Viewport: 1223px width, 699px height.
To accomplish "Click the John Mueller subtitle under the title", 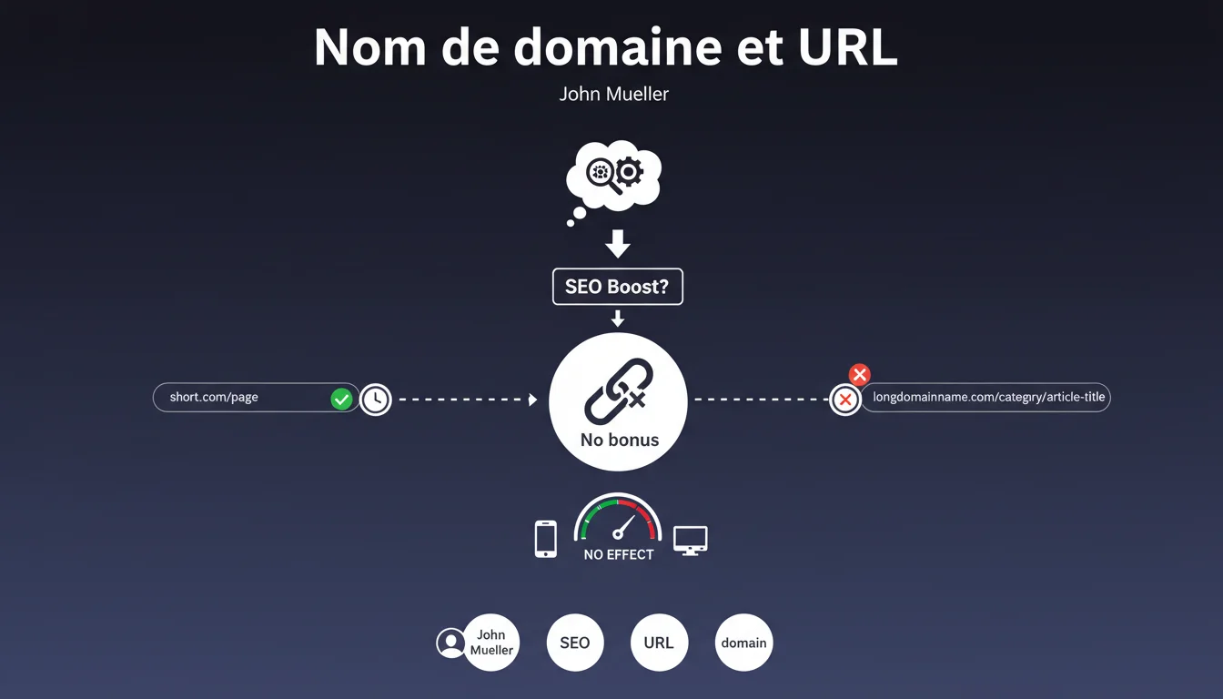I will pos(613,94).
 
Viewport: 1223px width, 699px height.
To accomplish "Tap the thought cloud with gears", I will pos(614,176).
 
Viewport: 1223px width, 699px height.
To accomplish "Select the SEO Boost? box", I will pos(617,287).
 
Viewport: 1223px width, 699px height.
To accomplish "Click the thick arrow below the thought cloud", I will pos(618,243).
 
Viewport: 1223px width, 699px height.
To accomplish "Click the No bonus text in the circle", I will pos(619,441).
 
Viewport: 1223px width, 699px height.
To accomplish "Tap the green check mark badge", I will pos(341,399).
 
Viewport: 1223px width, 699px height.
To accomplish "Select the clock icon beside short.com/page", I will pos(375,399).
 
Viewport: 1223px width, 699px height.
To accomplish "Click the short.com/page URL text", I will pos(214,398).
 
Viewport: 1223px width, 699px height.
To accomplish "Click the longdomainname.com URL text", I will pos(988,397).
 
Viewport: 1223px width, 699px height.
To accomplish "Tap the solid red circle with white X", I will pos(859,374).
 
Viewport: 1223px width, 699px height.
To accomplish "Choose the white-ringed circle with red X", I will pos(845,400).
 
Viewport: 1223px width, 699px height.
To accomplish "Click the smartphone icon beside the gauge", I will pos(545,538).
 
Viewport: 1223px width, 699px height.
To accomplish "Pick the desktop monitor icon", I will pos(690,540).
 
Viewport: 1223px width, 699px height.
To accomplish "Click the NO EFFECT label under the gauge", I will pos(619,554).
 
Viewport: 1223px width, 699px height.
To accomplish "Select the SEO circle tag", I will pos(574,643).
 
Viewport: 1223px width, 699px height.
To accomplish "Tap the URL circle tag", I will pos(659,643).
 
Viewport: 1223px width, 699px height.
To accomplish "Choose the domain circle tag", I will pos(743,643).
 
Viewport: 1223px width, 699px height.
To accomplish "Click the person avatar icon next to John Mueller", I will pos(450,643).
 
